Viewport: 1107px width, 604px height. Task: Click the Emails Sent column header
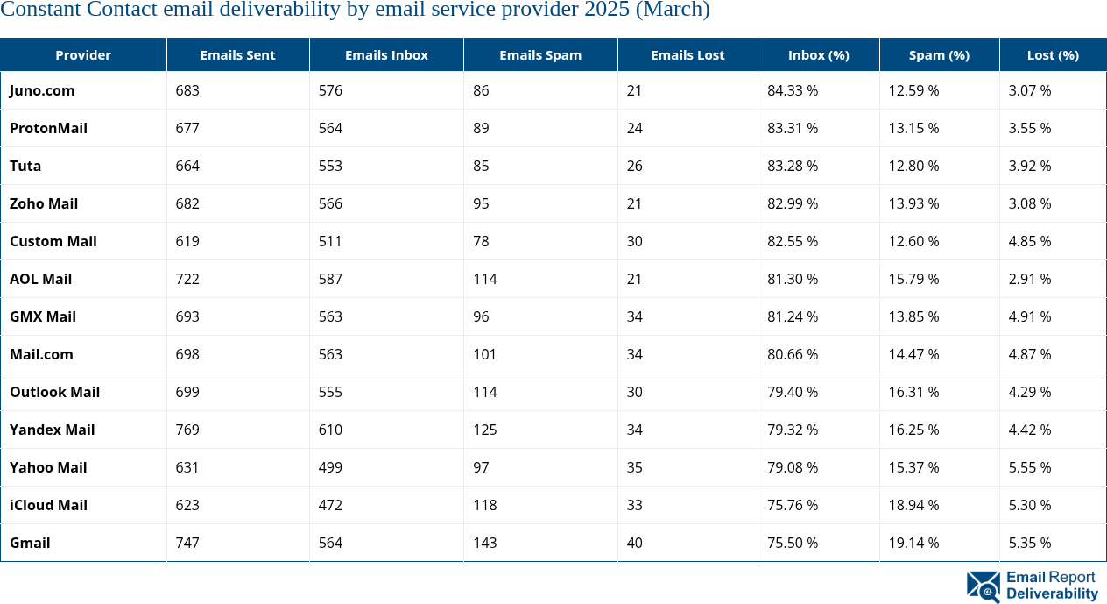237,55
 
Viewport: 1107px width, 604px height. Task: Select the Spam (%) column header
939,55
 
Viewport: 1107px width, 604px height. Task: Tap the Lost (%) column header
1053,55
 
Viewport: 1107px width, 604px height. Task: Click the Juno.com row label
42,90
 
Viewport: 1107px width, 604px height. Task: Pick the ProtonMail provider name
48,128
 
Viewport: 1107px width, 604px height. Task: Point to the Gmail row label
30,543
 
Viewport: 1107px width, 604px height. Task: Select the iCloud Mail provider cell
48,505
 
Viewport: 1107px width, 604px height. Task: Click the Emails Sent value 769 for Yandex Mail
187,430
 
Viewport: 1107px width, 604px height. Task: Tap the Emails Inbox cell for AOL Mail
330,279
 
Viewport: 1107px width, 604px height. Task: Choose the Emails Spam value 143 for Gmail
484,543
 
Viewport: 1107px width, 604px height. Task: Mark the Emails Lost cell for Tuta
634,166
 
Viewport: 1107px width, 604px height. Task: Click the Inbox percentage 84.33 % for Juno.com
793,90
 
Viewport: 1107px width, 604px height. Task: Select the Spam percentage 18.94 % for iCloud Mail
913,505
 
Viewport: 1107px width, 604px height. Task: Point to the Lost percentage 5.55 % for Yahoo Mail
1030,467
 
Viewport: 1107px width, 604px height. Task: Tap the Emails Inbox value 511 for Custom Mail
330,241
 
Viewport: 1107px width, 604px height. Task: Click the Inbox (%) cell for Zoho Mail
793,203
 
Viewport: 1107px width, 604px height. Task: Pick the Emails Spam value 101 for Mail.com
484,354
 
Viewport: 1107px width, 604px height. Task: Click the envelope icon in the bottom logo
983,586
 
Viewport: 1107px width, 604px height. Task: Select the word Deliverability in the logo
1052,594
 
